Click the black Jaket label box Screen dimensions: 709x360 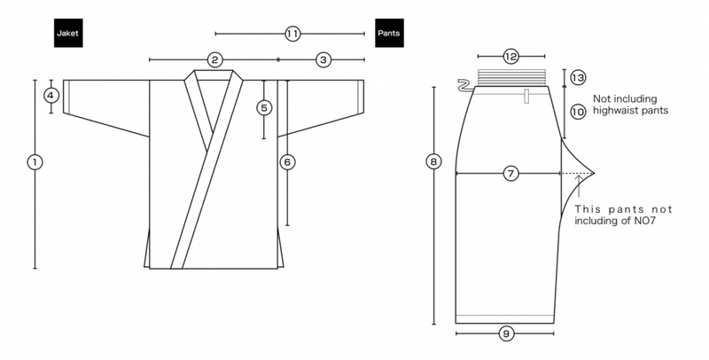(x=68, y=33)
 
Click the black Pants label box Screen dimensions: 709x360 (x=389, y=33)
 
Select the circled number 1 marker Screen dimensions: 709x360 (x=35, y=162)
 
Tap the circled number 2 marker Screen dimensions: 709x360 (x=214, y=59)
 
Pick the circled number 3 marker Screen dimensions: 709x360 (x=323, y=59)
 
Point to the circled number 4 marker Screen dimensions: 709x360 (x=51, y=96)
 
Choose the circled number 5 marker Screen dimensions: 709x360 (x=264, y=108)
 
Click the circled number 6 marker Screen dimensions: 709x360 (x=287, y=162)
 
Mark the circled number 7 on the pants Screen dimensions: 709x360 (x=510, y=173)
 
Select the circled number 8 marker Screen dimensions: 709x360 (x=433, y=161)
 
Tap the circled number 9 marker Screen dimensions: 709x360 (x=506, y=333)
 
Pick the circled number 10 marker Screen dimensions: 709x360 (x=578, y=112)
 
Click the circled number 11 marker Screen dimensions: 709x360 (x=292, y=34)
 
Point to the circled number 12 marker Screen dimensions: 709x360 (x=510, y=57)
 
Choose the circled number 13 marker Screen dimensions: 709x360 (x=578, y=78)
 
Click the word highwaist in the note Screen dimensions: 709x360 (x=615, y=110)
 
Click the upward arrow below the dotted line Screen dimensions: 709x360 (x=579, y=186)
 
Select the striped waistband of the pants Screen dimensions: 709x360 (x=511, y=77)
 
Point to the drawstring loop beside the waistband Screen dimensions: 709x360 (x=465, y=85)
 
